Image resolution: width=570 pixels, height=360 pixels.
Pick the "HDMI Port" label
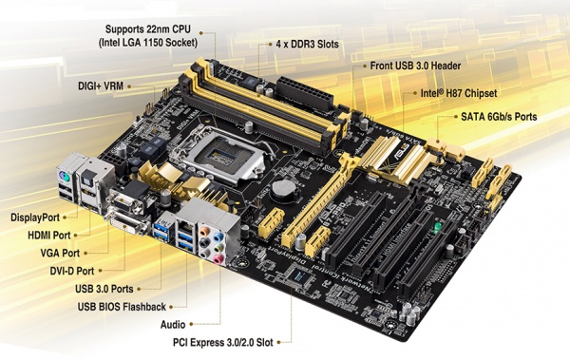point(47,235)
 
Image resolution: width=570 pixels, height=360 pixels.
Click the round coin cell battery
point(282,189)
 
